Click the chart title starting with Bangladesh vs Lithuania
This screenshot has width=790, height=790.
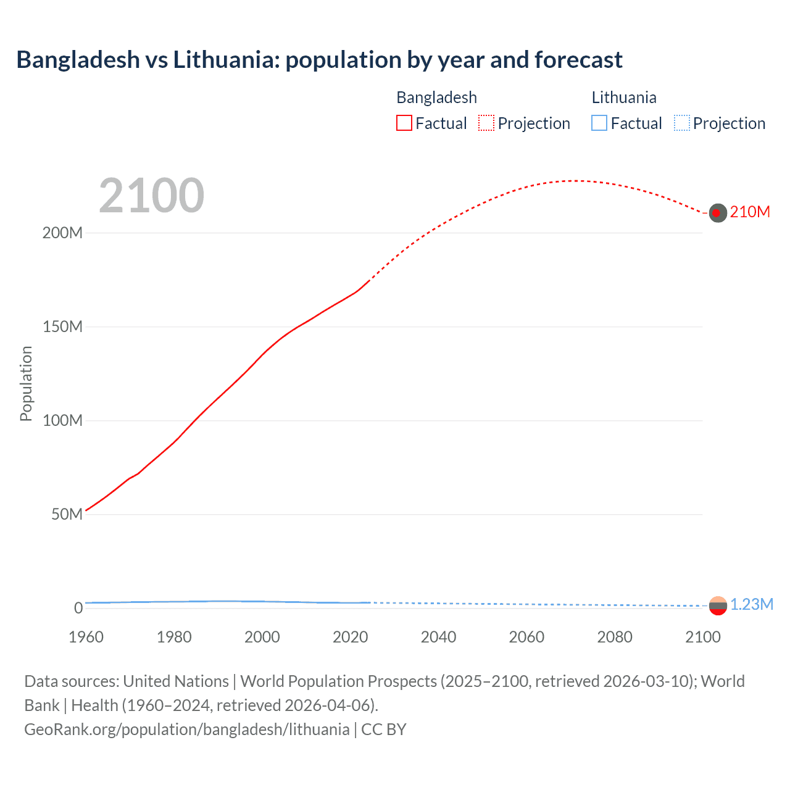click(x=319, y=60)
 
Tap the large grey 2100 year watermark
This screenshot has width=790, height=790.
click(x=151, y=196)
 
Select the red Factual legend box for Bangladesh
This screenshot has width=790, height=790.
click(x=404, y=123)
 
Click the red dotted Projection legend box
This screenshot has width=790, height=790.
click(x=486, y=123)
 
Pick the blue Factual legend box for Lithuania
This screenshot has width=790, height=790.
click(x=599, y=123)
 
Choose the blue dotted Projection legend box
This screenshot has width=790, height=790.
click(x=682, y=123)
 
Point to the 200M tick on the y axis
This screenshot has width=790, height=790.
click(x=62, y=233)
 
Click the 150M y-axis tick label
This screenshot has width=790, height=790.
click(x=62, y=327)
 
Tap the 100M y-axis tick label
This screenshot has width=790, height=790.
click(x=62, y=421)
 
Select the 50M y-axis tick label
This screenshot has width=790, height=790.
click(x=67, y=515)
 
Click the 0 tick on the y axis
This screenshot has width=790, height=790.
click(x=78, y=609)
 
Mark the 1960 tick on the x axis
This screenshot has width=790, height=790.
click(x=86, y=637)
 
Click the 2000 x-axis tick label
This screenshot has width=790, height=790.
click(x=262, y=637)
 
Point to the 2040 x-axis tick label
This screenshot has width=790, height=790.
click(x=438, y=637)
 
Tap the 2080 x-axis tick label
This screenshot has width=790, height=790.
click(x=615, y=637)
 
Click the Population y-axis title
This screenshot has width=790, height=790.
click(x=26, y=383)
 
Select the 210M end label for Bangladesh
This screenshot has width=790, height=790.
click(x=750, y=212)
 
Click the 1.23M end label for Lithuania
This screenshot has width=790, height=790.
click(x=752, y=605)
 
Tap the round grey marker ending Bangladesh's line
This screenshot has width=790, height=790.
click(x=717, y=213)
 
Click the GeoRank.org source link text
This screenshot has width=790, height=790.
click(x=186, y=730)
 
